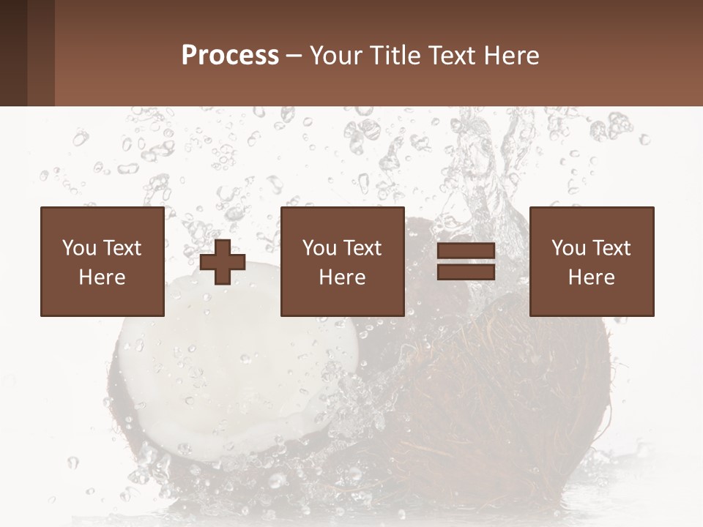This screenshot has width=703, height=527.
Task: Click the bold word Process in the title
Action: pos(230,56)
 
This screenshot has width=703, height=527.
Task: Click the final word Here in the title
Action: pos(511,56)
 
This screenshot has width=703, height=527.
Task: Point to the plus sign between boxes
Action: pos(223,262)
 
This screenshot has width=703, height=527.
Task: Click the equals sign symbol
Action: pos(466,262)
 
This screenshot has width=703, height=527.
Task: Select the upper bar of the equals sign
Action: pos(466,251)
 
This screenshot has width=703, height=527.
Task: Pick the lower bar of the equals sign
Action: pos(466,272)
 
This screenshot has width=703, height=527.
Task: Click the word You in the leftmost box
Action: pos(78,248)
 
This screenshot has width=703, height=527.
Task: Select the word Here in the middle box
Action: pos(343,277)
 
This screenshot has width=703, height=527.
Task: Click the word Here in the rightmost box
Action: pos(592,277)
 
